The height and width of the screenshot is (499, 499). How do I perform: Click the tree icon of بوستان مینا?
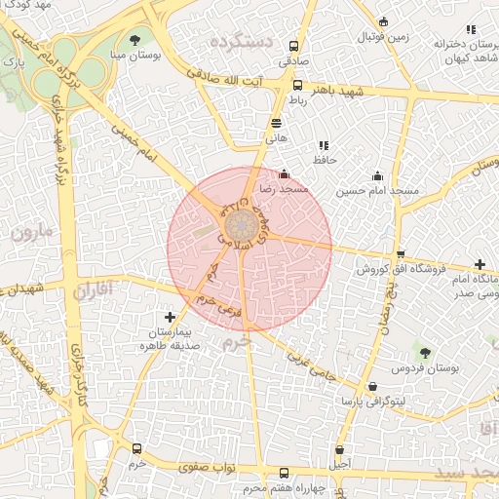(x=134, y=40)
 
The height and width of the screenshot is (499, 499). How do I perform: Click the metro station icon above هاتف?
(x=277, y=124)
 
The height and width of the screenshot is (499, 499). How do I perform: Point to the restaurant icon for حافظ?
(x=323, y=145)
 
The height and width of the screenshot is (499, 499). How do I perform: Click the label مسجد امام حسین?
(x=378, y=191)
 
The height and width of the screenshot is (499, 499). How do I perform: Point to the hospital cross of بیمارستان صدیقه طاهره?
(x=171, y=317)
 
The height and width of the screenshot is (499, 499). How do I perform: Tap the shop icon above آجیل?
(x=339, y=450)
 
